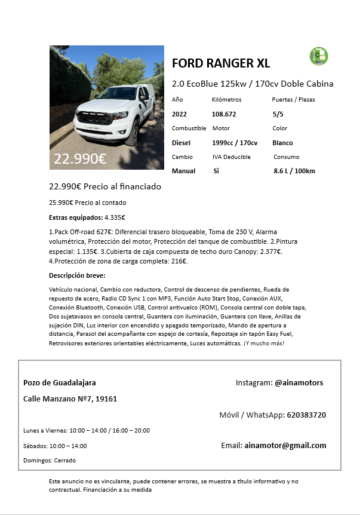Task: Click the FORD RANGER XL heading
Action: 220,63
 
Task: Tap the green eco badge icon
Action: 318,56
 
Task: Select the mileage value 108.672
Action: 224,114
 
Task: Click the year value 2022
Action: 180,114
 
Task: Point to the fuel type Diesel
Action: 181,143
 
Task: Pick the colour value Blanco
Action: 282,143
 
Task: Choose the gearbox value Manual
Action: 183,171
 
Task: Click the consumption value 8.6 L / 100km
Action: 294,171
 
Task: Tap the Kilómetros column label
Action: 226,99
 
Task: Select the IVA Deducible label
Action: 232,157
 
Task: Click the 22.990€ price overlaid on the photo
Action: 80,159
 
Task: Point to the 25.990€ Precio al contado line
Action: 87,203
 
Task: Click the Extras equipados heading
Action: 76,217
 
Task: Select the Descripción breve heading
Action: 77,275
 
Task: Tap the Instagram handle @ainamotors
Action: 299,382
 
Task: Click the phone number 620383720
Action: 306,415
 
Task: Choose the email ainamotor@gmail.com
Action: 285,445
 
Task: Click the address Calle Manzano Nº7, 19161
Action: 70,398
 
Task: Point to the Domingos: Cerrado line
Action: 50,461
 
